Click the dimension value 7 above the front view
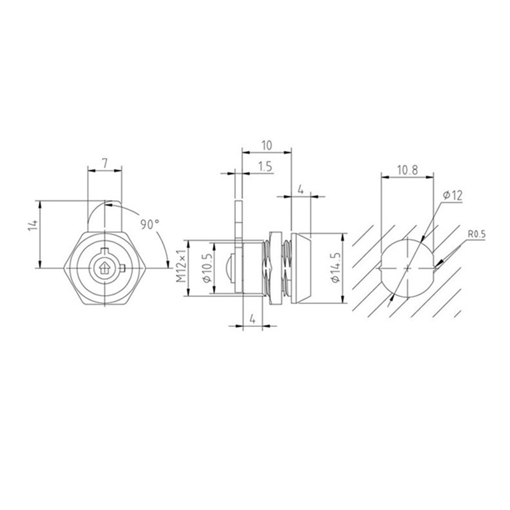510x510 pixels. pos(103,163)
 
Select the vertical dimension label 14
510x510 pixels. pos(34,224)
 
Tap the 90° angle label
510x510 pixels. pos(149,224)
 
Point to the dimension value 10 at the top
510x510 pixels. pos(266,144)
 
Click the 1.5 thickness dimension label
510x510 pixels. pos(266,166)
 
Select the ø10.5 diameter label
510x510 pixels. pos(205,268)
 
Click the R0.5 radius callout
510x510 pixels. pos(477,235)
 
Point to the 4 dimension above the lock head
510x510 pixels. pos(300,190)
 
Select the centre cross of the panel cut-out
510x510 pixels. pos(406,268)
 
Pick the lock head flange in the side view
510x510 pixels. pos(302,268)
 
